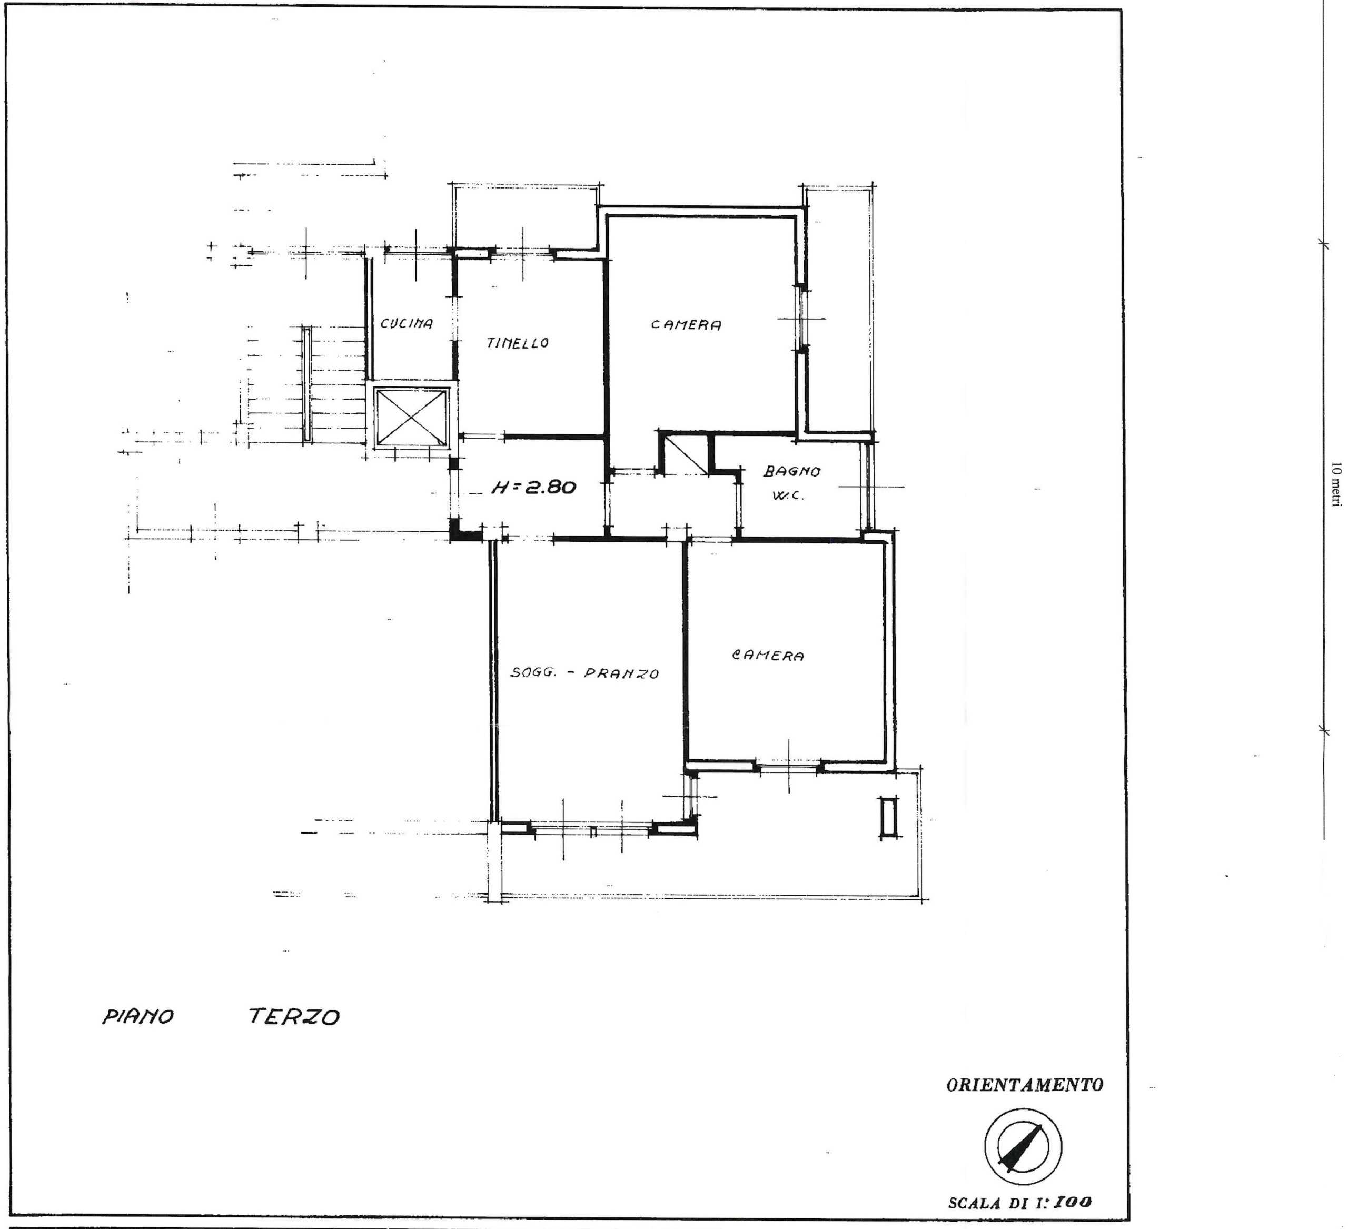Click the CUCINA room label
pos(407,324)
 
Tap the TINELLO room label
pos(518,343)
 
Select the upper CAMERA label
pos(686,325)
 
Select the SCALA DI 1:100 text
pos(1020,1202)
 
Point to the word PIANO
pos(138,1017)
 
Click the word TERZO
pos(294,1017)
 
